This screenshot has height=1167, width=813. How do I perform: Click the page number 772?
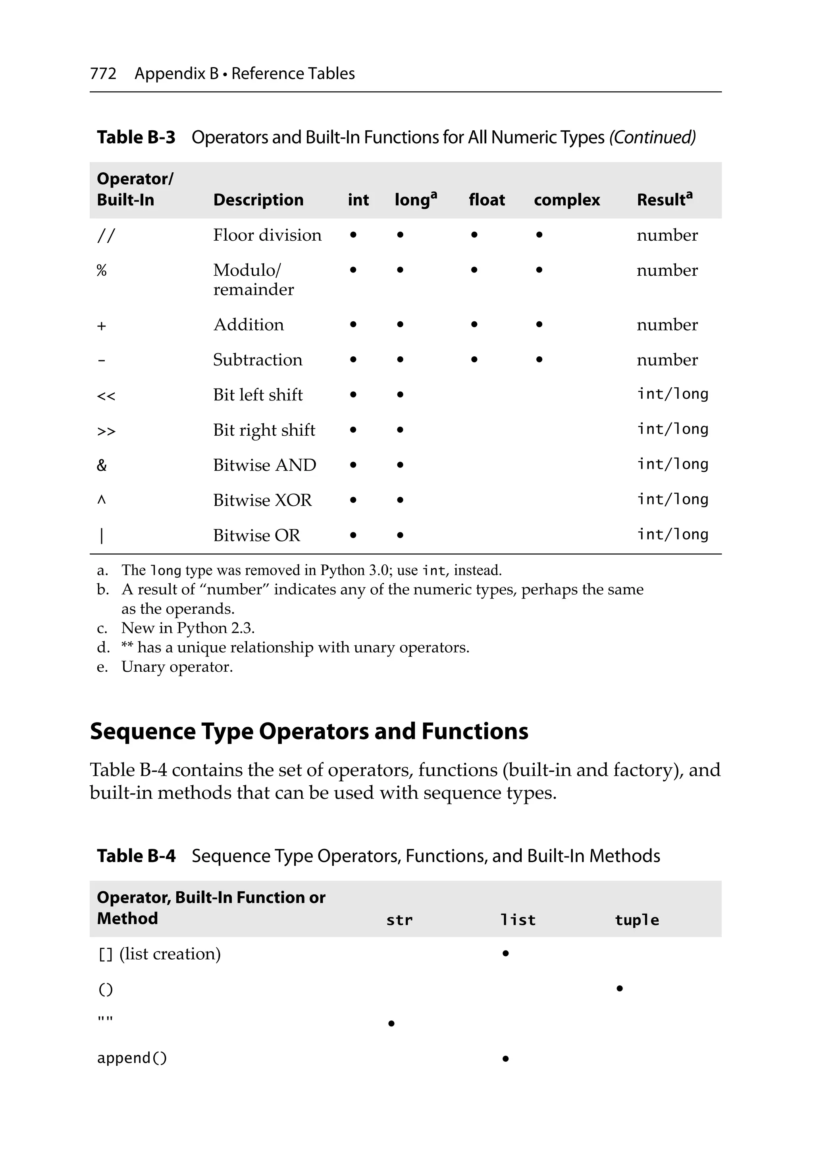click(x=103, y=74)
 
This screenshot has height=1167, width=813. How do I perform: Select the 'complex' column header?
click(x=566, y=200)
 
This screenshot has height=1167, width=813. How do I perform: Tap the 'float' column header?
click(x=486, y=200)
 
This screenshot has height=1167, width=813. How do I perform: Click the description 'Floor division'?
click(x=267, y=235)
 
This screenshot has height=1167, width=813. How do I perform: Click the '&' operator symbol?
click(x=102, y=465)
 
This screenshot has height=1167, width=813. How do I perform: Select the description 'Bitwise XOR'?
click(x=262, y=500)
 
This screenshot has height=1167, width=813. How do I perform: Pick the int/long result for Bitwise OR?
click(x=672, y=534)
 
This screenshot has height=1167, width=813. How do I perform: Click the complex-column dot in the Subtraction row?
click(x=539, y=359)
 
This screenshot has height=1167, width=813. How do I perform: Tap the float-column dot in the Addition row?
click(x=474, y=324)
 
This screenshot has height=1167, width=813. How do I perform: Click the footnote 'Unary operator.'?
click(x=177, y=667)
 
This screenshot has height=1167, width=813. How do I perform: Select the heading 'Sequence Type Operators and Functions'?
click(x=309, y=731)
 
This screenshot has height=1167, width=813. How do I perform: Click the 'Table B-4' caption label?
click(x=136, y=856)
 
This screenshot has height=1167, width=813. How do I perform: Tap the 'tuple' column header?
click(x=636, y=920)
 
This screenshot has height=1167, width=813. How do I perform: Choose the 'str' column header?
click(x=399, y=920)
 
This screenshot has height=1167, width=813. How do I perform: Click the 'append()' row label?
click(x=132, y=1058)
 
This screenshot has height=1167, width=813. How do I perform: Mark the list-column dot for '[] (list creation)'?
click(x=505, y=954)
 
